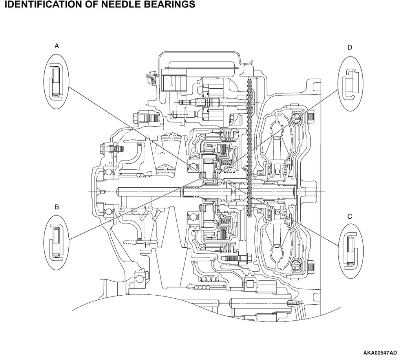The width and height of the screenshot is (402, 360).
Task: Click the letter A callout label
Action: [x=57, y=46]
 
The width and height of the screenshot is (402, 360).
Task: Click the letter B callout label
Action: [x=57, y=207]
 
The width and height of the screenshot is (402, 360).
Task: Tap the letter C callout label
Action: [x=350, y=217]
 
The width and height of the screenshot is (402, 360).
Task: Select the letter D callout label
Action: [x=350, y=48]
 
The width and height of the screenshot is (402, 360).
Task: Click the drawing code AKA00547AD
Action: [x=380, y=353]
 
